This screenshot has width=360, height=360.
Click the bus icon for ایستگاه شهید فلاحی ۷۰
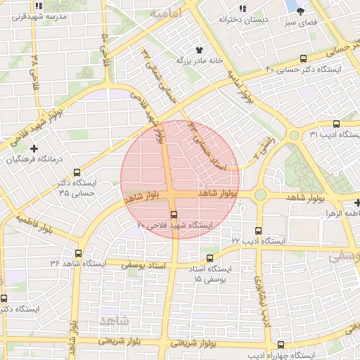(174, 214)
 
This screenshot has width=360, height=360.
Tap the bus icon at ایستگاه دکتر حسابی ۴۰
(303, 59)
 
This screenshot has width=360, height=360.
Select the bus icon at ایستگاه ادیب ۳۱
(336, 123)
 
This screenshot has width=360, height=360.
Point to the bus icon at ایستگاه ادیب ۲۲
(259, 230)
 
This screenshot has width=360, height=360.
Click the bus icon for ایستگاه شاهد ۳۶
(77, 253)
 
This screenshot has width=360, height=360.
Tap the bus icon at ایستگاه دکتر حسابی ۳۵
(77, 172)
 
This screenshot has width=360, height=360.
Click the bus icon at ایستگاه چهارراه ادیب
(281, 345)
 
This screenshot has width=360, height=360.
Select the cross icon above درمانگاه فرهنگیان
(34, 148)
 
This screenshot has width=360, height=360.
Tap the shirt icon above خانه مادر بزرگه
(199, 51)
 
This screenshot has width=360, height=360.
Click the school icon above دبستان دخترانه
(243, 8)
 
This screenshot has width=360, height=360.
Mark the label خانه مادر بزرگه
(198, 61)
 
